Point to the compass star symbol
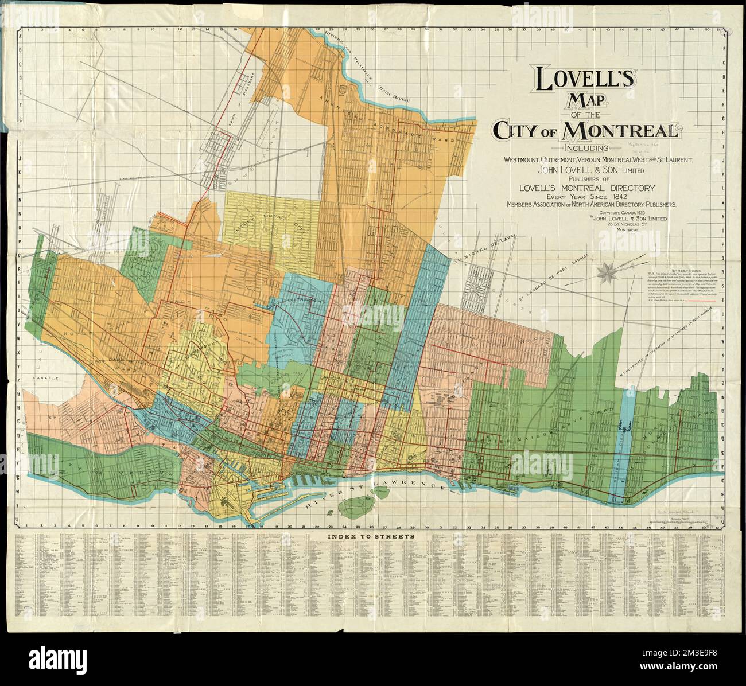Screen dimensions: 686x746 pyautogui.click(x=607, y=272)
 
